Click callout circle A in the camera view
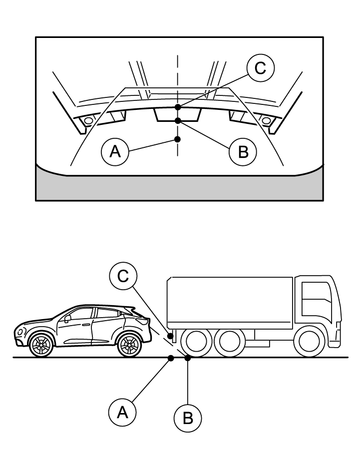(x=115, y=152)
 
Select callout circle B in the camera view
(x=243, y=152)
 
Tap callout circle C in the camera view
(x=260, y=68)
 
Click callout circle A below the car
(x=123, y=413)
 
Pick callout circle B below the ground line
(x=188, y=418)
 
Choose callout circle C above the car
(x=123, y=276)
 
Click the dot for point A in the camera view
(x=178, y=139)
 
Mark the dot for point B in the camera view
(x=178, y=121)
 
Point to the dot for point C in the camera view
(x=178, y=107)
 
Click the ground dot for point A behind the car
(x=171, y=358)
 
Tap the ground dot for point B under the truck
(x=188, y=358)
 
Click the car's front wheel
(x=41, y=345)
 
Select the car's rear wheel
(x=130, y=345)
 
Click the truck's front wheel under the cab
(x=308, y=342)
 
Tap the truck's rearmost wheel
(x=195, y=342)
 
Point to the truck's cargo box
(x=230, y=303)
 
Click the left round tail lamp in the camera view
(x=88, y=121)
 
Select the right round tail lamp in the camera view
(x=266, y=120)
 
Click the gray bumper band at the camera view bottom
(x=179, y=188)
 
